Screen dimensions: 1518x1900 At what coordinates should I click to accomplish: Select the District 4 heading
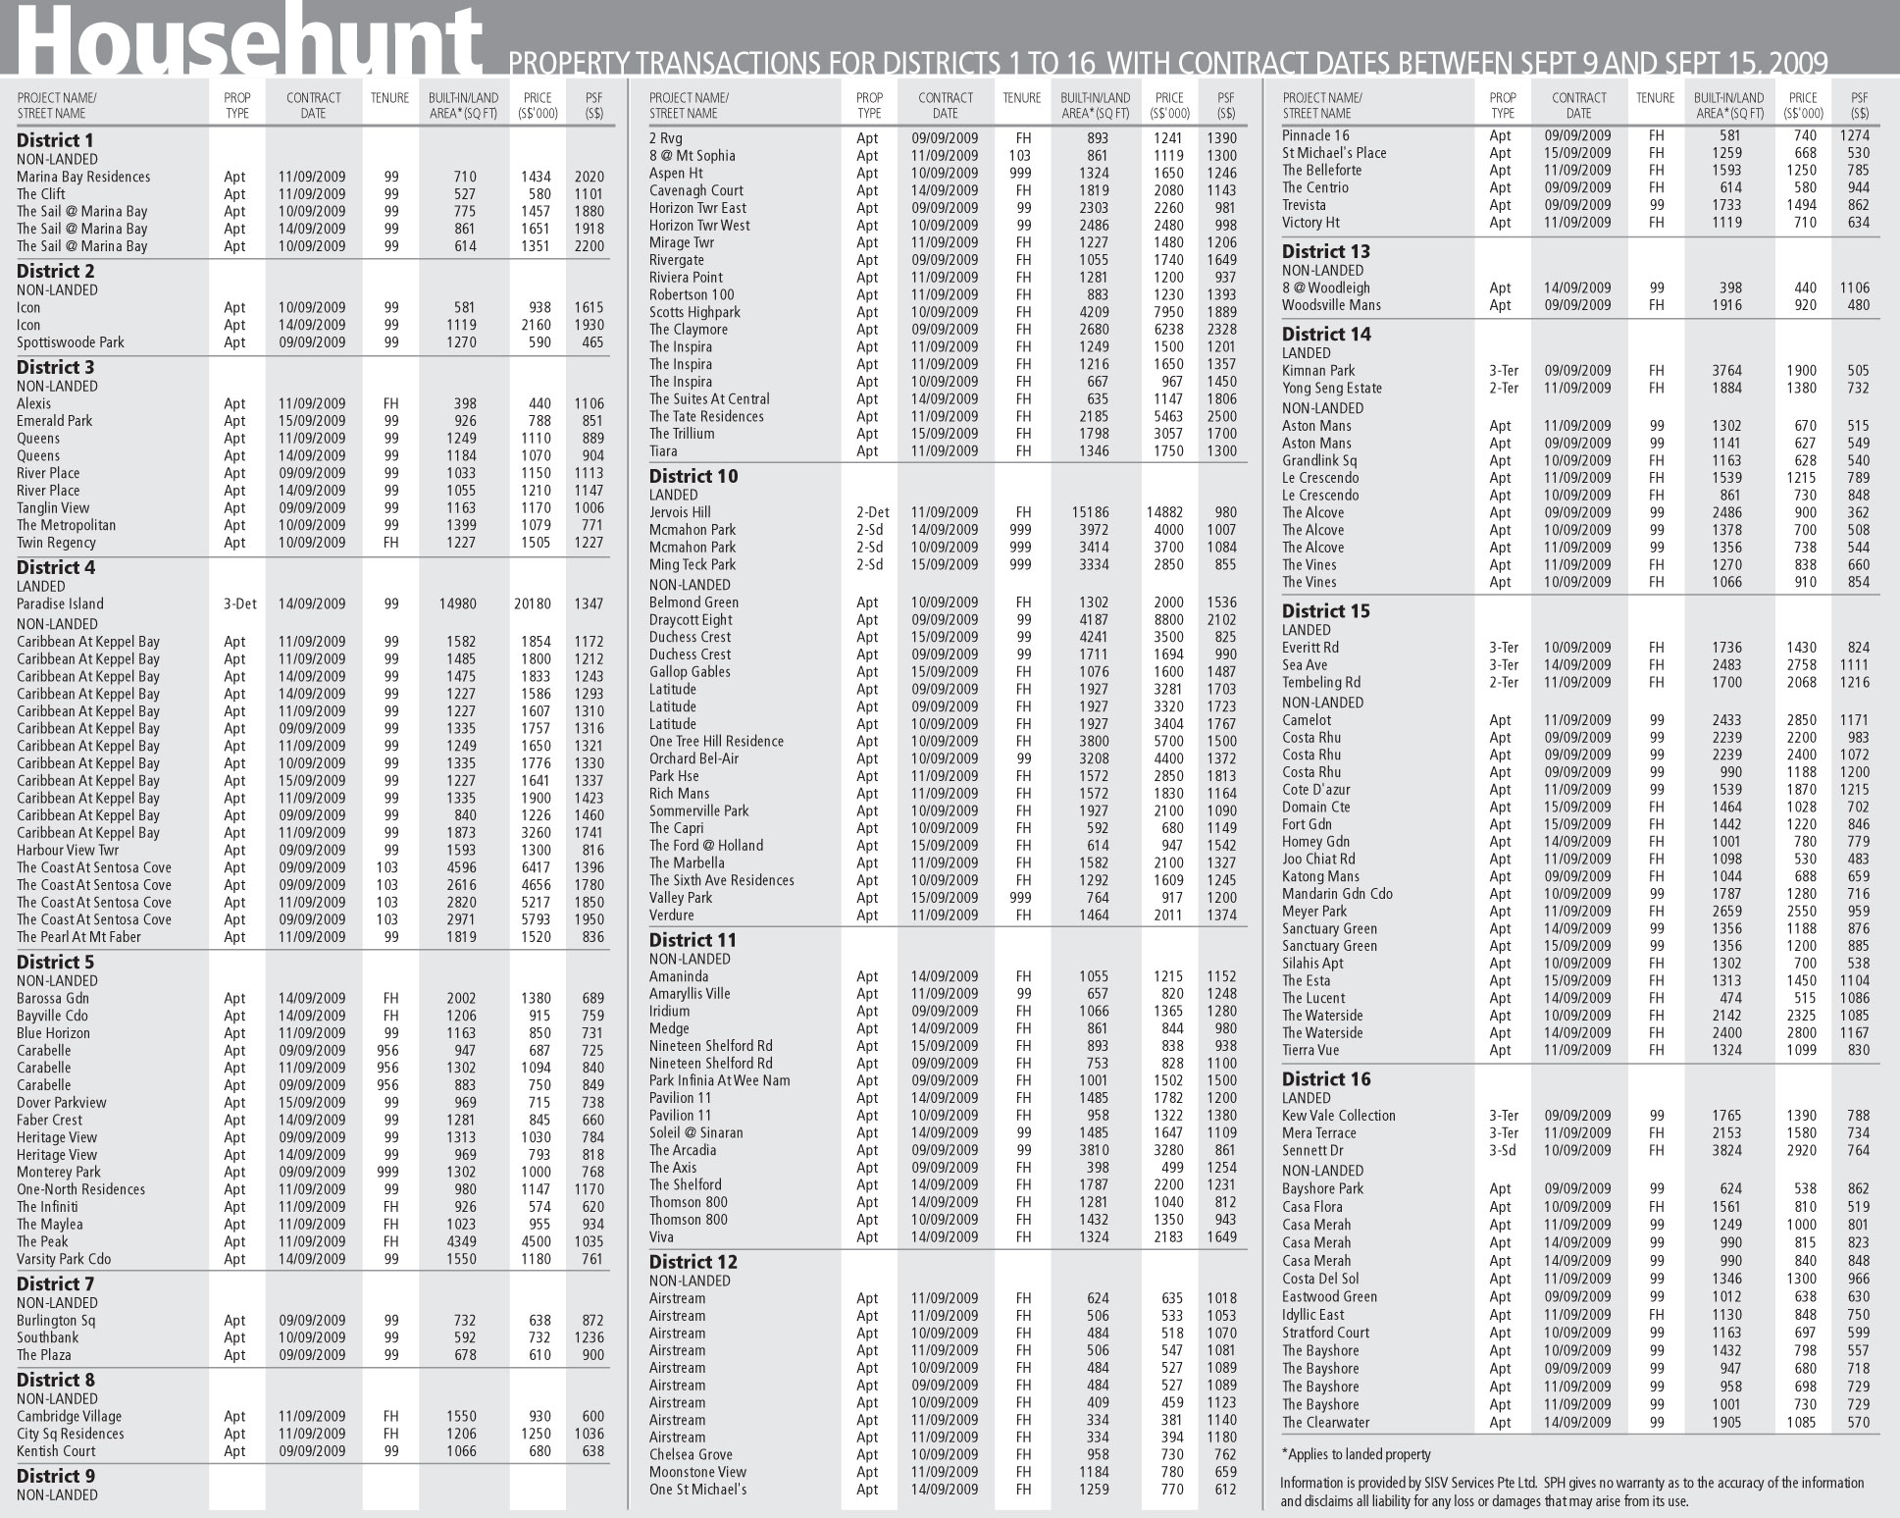56,567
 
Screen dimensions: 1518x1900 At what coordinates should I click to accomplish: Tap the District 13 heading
1326,251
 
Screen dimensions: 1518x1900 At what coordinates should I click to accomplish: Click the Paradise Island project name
60,603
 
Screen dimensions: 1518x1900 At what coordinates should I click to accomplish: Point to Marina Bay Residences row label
83,177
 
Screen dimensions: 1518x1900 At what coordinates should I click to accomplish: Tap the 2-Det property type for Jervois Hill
871,512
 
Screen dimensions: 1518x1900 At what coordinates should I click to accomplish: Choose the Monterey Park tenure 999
390,1172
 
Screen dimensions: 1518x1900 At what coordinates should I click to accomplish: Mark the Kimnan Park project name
1318,371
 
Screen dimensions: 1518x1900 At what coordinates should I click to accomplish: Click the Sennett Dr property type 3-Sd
1502,1150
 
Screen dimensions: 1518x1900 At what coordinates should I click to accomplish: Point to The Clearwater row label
1326,1422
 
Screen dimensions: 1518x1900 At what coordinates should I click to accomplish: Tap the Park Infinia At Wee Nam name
719,1080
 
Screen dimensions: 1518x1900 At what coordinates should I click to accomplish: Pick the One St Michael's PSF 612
1224,1490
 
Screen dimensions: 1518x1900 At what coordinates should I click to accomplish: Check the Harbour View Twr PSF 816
591,850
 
